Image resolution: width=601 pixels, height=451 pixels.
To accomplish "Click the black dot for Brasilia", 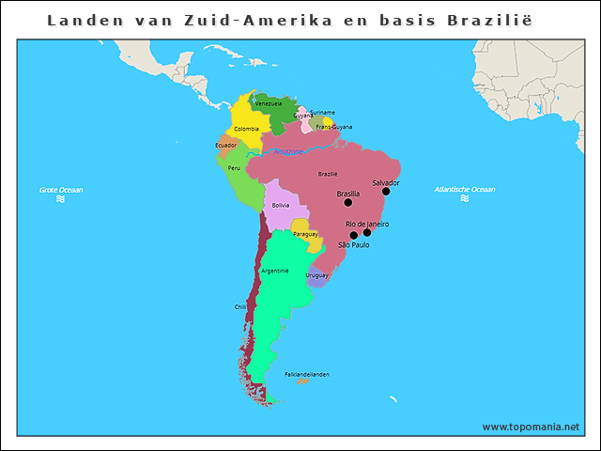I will (348, 202).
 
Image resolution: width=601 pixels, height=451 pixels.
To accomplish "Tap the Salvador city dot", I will (386, 191).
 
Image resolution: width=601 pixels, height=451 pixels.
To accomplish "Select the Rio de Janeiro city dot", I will (367, 232).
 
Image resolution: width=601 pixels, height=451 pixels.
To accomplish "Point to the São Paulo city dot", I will (353, 236).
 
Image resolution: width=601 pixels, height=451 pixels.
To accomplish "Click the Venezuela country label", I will (269, 103).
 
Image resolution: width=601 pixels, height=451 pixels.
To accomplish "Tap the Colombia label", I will (247, 129).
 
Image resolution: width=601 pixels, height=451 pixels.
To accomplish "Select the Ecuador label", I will (226, 146).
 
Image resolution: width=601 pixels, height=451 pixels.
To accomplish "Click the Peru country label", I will (234, 168).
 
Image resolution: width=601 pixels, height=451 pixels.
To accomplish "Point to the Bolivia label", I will (281, 205).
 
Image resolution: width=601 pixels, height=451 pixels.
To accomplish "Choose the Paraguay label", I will (305, 234).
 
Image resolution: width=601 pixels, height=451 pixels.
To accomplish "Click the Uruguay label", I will (316, 275).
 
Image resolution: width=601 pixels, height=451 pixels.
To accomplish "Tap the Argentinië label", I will (275, 271).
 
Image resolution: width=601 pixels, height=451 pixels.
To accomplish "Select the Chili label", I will (240, 306).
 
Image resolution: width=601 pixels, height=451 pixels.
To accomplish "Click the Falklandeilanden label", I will (307, 374).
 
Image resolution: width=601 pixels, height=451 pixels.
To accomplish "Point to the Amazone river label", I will (288, 151).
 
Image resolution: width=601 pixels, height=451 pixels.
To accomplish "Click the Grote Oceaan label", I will (61, 190).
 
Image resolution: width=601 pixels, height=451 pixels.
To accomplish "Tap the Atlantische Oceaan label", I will (465, 190).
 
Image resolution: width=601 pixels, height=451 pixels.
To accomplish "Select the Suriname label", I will (323, 113).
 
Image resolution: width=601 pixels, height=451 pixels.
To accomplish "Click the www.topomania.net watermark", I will (531, 427).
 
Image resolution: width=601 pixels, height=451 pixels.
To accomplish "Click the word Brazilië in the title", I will (494, 20).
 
